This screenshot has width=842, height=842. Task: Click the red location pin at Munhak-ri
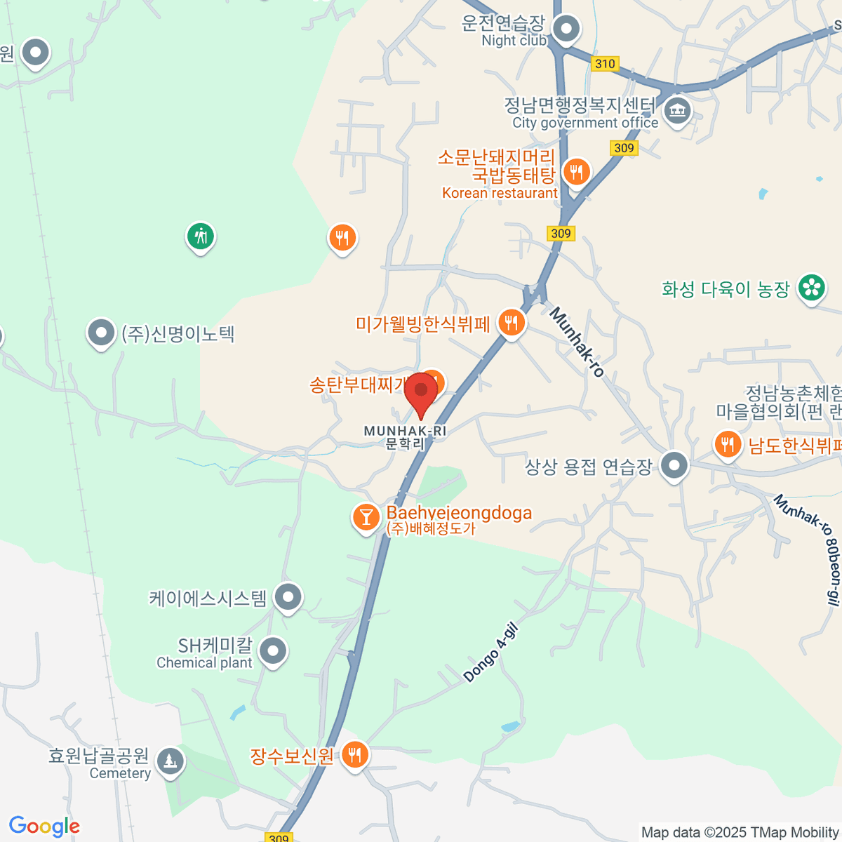(421, 389)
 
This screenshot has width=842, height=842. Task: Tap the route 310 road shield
(604, 64)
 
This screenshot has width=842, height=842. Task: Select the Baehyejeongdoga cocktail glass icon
(365, 518)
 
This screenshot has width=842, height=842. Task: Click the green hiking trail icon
(201, 236)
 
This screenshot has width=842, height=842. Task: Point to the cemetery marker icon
(170, 761)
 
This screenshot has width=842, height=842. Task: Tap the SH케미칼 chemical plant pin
(273, 651)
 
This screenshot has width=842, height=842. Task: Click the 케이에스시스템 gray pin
(288, 598)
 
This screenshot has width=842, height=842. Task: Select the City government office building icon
(677, 111)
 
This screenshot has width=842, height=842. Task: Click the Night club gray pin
(566, 30)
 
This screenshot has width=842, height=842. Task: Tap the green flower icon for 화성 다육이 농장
(811, 288)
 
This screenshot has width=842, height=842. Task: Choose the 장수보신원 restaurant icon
(355, 755)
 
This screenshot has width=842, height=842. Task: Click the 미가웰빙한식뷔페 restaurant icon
(512, 323)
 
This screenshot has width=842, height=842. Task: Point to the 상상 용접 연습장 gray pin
(675, 465)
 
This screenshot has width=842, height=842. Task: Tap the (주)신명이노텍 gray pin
(101, 333)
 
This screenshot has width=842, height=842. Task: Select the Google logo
(44, 827)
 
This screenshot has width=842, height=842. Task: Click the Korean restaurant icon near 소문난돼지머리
(576, 171)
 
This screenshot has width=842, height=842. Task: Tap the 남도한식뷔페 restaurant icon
(728, 444)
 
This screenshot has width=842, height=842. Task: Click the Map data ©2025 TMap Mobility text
(740, 832)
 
